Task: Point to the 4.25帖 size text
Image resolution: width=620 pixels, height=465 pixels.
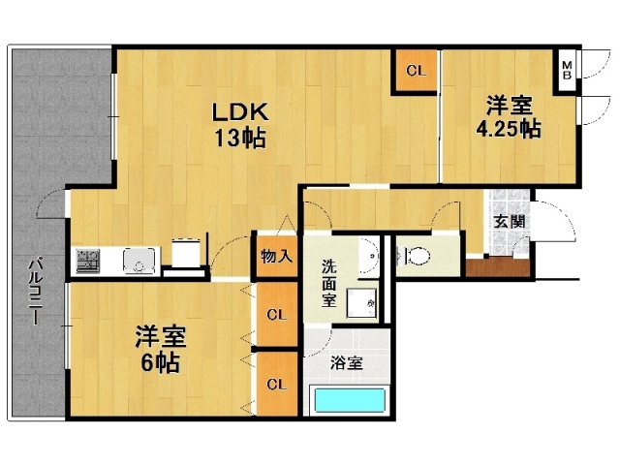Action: click(508, 129)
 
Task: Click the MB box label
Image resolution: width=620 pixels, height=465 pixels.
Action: click(567, 69)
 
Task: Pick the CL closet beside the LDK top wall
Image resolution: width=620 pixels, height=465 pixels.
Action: click(416, 71)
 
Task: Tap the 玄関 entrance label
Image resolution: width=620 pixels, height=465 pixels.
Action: click(509, 221)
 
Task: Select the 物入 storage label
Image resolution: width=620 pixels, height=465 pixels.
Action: click(276, 257)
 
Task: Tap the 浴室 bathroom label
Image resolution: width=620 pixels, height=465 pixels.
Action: click(347, 364)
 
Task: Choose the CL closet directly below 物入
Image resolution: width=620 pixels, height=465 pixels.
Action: click(276, 314)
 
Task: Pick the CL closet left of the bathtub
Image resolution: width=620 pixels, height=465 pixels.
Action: click(276, 385)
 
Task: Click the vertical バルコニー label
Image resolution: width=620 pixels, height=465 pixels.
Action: click(34, 291)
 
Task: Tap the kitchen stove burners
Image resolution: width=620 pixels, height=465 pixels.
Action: click(88, 261)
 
